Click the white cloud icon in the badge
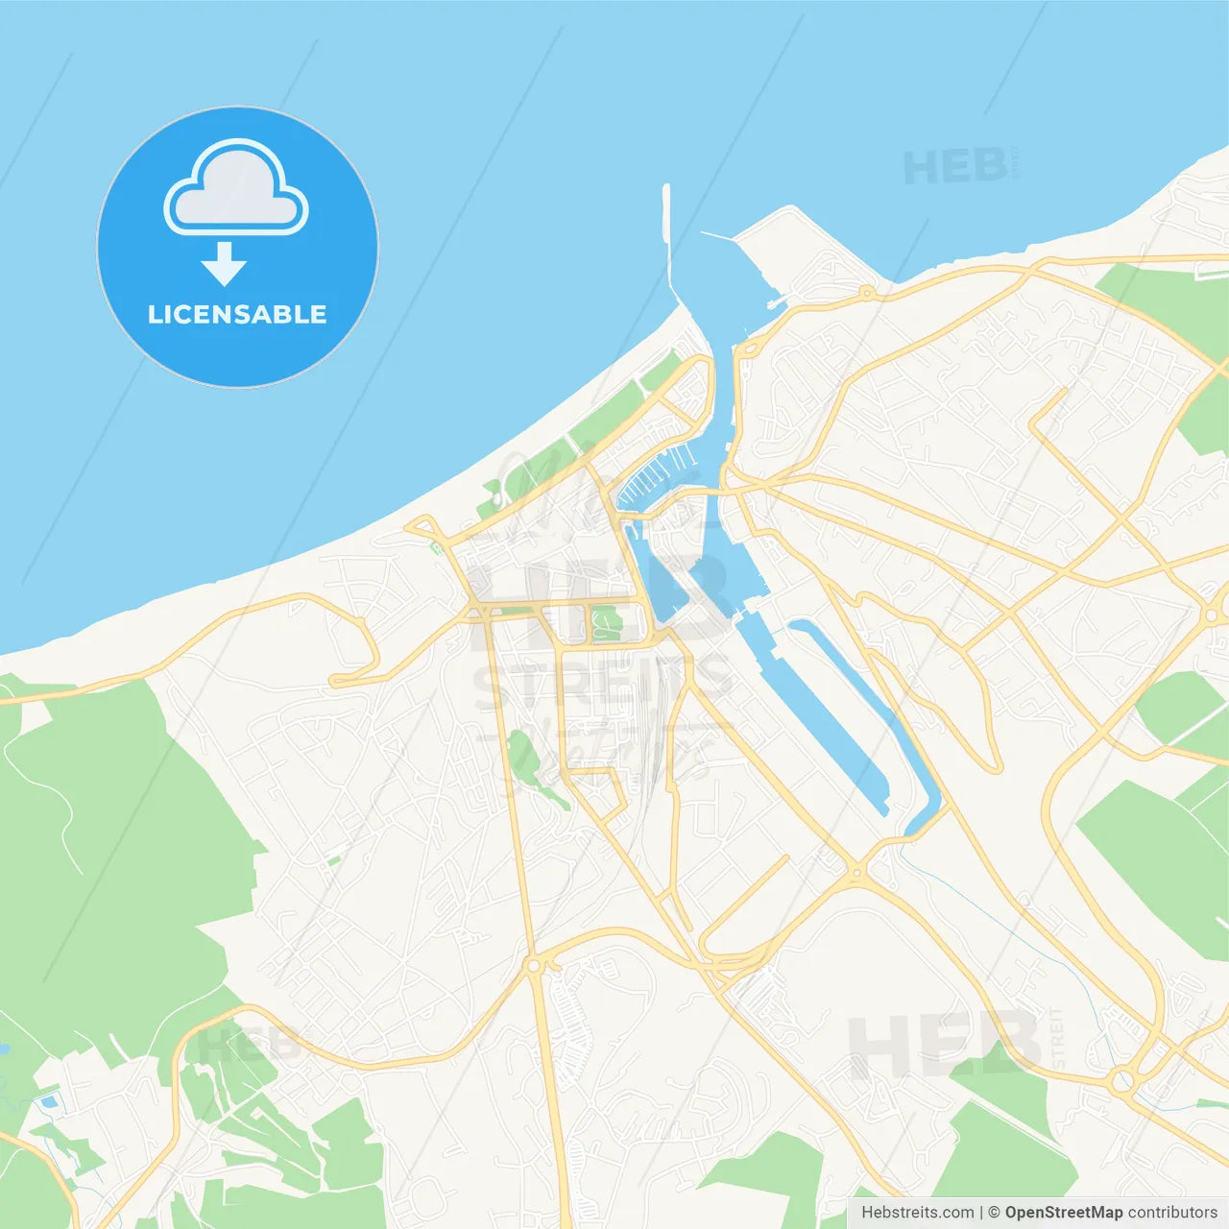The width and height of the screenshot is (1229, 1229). tap(236, 189)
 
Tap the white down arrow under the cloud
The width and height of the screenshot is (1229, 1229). tap(224, 264)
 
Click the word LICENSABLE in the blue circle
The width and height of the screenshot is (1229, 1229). tap(237, 314)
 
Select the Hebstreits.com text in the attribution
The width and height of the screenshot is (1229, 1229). tap(917, 1213)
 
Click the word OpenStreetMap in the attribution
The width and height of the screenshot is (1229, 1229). tap(1063, 1213)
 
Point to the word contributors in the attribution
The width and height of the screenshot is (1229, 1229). tap(1172, 1213)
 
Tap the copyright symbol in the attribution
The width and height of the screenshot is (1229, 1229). tap(994, 1213)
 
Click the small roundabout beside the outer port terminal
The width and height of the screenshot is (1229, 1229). tap(867, 292)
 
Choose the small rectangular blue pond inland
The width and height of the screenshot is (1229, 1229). tap(48, 1101)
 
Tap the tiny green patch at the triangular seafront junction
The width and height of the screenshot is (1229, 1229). tap(438, 547)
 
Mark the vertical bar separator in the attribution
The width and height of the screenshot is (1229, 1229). tap(981, 1213)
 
